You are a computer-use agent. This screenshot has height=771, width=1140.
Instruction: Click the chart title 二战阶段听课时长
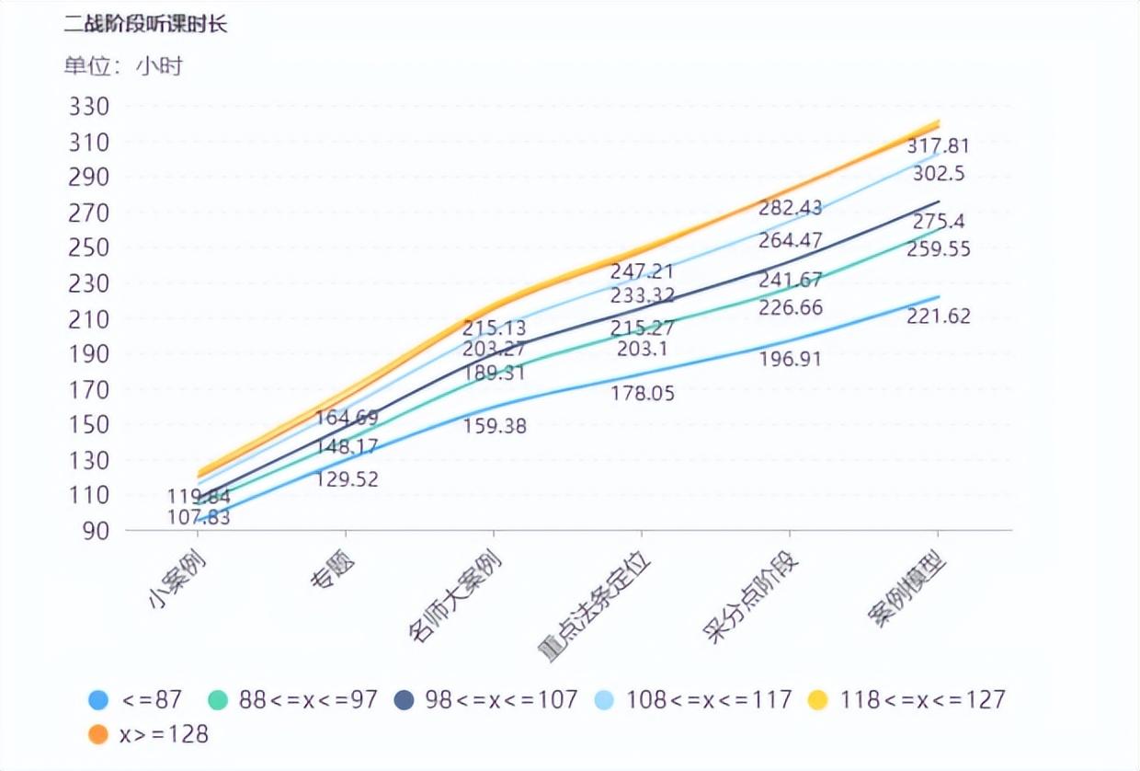(145, 25)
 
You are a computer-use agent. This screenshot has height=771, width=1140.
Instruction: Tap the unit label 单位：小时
(122, 66)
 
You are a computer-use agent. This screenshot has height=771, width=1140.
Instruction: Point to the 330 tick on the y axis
(89, 107)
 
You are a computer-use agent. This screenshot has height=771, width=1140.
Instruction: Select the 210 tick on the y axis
(89, 319)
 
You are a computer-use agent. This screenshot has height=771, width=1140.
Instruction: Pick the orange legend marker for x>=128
(98, 733)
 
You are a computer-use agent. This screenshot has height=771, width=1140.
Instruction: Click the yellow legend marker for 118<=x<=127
(817, 700)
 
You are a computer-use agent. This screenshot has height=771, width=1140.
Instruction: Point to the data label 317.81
(938, 145)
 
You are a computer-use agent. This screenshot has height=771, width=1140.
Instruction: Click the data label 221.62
(938, 316)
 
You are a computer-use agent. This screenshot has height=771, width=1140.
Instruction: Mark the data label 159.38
(495, 426)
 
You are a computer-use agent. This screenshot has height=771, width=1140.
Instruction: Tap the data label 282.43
(791, 208)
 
